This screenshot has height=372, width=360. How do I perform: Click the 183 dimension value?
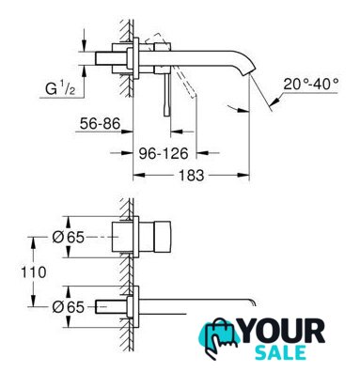pyautogui.click(x=191, y=176)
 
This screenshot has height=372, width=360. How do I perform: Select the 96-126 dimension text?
pyautogui.click(x=164, y=153)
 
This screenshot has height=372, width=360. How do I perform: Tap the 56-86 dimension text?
pyautogui.click(x=100, y=124)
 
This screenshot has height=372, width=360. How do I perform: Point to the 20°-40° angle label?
pyautogui.click(x=311, y=85)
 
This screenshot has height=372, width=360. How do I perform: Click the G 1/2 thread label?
pyautogui.click(x=60, y=89)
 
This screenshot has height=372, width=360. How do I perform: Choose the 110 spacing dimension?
pyautogui.click(x=34, y=272)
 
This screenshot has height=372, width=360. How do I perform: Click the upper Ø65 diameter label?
pyautogui.click(x=68, y=238)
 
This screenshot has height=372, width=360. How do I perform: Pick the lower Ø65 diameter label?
pyautogui.click(x=68, y=307)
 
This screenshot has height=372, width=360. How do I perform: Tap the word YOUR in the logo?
pyautogui.click(x=282, y=332)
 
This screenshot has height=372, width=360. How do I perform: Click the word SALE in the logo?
pyautogui.click(x=280, y=352)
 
